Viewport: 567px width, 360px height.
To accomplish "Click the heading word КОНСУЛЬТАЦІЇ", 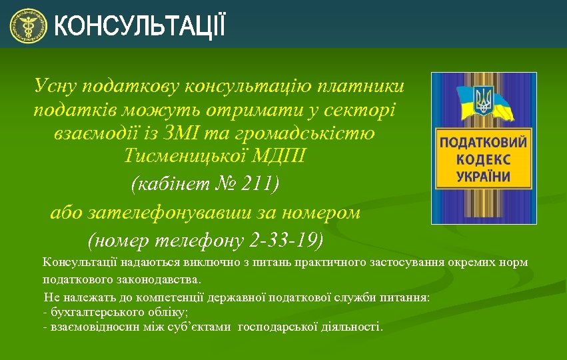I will pyautogui.click(x=139, y=27).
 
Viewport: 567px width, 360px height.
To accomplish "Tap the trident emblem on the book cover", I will pyautogui.click(x=482, y=100).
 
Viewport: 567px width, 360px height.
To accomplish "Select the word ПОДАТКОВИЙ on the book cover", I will pyautogui.click(x=483, y=143).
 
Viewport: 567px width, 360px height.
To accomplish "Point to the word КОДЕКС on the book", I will pyautogui.click(x=484, y=160).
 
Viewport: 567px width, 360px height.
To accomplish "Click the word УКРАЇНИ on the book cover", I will pyautogui.click(x=484, y=177).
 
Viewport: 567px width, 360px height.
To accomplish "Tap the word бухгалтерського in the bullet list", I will pyautogui.click(x=91, y=311).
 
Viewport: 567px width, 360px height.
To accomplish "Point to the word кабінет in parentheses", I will pyautogui.click(x=173, y=183).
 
